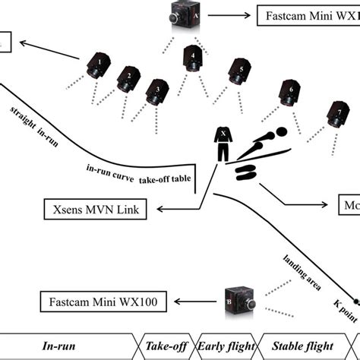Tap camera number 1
tap(99, 66)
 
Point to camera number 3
tap(157, 90)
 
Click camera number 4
tap(194, 58)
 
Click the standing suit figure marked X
tap(223, 144)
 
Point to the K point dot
tap(355, 298)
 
